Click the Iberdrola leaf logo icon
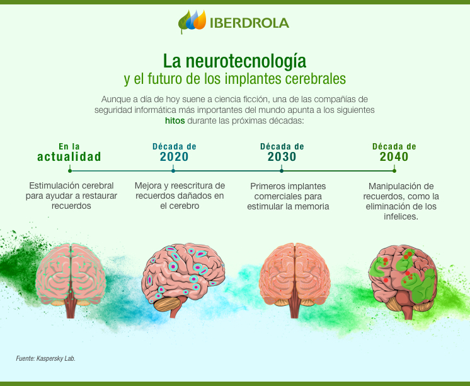pyautogui.click(x=192, y=22)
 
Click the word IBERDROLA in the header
pyautogui.click(x=250, y=23)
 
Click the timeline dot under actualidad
pyautogui.click(x=69, y=170)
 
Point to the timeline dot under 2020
pyautogui.click(x=175, y=170)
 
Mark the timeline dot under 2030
pyautogui.click(x=282, y=170)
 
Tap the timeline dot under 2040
pyautogui.click(x=394, y=170)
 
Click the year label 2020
pyautogui.click(x=175, y=157)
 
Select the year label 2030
pyautogui.click(x=282, y=157)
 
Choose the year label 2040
pyautogui.click(x=394, y=157)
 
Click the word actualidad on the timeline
pyautogui.click(x=69, y=157)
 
